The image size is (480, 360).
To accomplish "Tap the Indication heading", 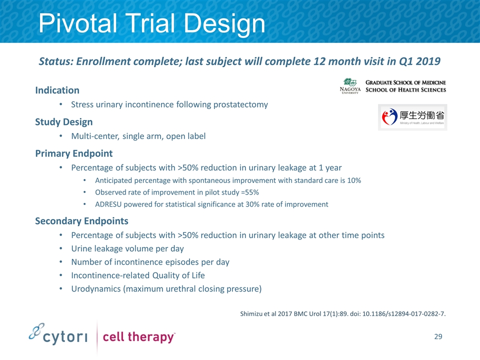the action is pos(57,90).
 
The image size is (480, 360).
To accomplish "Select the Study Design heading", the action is pos(63,122).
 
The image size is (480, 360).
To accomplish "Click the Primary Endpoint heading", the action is pos(74,153).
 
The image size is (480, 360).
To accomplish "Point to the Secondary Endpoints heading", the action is pos(81,221).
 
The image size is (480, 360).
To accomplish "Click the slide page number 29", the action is pos(438,336).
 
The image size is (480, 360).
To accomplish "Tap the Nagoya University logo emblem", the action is pos(350,82).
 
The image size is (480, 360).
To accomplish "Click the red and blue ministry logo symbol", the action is pos(389,116).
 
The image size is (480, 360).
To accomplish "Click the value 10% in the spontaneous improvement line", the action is pos(354,180).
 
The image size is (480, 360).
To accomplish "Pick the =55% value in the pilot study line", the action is pos(250,192).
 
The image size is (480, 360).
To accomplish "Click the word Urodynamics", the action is pos(96,289).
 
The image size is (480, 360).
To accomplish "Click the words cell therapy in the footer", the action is pos(138,337).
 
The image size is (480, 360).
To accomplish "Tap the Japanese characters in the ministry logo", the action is pos(421,115).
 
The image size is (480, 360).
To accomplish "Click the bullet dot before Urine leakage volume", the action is pos(61,248).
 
